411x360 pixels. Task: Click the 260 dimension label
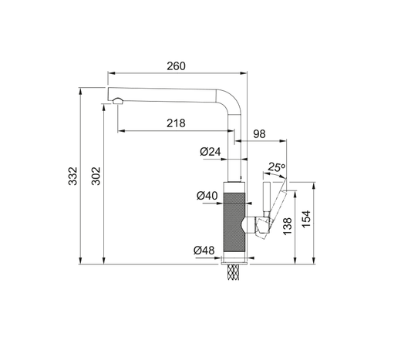[176, 66]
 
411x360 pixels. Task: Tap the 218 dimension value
[176, 123]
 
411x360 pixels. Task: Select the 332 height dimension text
[72, 176]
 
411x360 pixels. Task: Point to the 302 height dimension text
[96, 176]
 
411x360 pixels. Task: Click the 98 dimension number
[259, 134]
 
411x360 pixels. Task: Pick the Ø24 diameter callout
[211, 151]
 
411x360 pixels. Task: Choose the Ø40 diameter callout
[207, 196]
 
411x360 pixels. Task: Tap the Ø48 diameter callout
[204, 251]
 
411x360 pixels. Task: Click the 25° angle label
[277, 167]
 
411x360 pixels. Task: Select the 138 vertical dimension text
[288, 227]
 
